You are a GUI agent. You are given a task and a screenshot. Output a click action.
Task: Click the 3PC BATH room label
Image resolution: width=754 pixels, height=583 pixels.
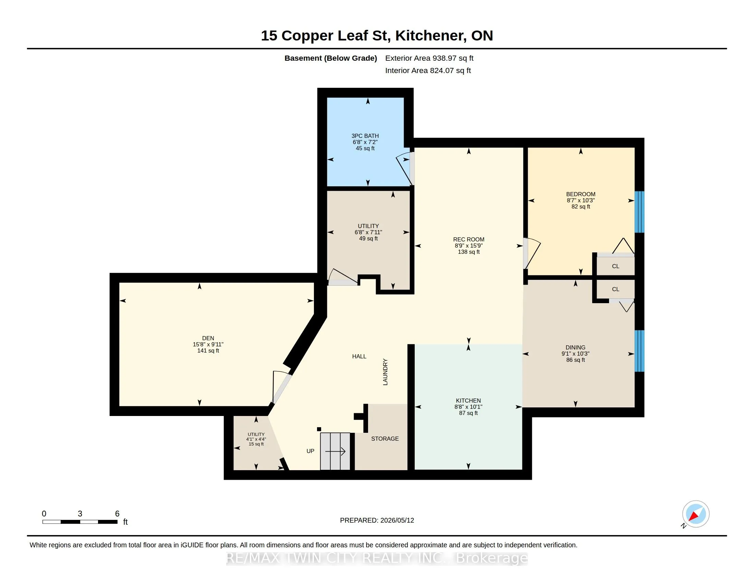(x=365, y=136)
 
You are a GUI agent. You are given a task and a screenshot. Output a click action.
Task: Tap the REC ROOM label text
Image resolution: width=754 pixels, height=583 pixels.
(x=469, y=239)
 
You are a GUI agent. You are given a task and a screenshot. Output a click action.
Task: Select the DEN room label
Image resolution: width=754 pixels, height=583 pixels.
(x=208, y=338)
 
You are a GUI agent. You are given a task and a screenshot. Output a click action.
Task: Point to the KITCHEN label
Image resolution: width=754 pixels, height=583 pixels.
(x=468, y=401)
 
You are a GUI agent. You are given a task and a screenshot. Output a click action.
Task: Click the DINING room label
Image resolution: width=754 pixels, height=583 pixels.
(x=575, y=347)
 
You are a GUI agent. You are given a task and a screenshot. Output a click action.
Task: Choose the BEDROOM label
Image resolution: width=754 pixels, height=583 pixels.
(x=581, y=194)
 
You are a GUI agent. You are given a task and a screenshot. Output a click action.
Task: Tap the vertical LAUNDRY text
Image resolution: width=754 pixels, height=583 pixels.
(x=385, y=372)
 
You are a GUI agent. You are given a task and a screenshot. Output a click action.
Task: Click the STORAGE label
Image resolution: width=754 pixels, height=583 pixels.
(x=385, y=439)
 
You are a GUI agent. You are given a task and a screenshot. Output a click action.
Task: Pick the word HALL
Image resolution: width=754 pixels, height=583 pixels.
(x=359, y=356)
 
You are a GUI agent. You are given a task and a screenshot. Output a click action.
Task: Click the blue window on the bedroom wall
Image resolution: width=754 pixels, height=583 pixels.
(x=640, y=212)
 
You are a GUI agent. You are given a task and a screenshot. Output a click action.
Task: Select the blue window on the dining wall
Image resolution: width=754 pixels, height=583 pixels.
(x=640, y=351)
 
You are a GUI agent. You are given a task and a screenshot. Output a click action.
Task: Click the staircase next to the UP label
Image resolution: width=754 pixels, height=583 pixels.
(x=335, y=451)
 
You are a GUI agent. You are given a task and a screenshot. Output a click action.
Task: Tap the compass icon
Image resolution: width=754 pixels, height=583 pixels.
(x=695, y=514)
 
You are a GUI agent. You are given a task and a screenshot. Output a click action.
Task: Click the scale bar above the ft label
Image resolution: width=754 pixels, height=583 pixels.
(x=80, y=522)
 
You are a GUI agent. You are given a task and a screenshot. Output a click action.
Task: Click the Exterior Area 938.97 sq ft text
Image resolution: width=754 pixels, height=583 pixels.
(x=429, y=58)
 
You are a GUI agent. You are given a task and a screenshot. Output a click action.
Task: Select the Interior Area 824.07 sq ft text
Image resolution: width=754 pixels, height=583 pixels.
(x=428, y=70)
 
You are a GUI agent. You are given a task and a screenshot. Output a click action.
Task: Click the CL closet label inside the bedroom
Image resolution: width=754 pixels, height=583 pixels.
(x=616, y=266)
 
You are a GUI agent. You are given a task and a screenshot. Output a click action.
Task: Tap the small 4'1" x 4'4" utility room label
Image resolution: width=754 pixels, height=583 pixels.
(x=256, y=439)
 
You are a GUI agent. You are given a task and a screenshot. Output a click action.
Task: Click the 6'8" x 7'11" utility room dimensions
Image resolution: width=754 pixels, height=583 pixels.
(x=368, y=233)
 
